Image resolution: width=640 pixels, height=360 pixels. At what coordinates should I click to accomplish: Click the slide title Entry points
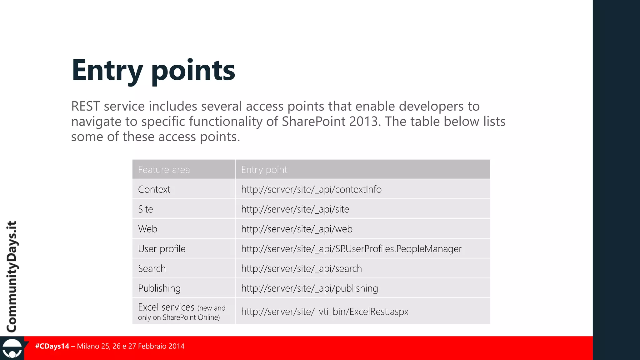point(153,70)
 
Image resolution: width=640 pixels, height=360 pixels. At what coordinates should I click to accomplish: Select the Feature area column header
point(164,170)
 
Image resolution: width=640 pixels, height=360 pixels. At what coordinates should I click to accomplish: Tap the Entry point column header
point(264,170)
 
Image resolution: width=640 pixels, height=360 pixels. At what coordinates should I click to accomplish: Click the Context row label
point(154,189)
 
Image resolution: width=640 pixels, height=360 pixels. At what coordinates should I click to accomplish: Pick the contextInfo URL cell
point(311,189)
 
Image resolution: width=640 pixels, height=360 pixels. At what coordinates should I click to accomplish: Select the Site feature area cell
point(146,209)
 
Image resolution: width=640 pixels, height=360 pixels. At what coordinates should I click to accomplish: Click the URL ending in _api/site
point(295,209)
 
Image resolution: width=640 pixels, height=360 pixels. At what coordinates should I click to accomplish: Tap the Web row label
point(147,229)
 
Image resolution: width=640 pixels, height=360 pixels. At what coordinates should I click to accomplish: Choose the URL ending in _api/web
point(297,229)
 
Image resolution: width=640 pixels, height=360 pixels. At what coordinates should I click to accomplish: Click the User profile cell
point(162,249)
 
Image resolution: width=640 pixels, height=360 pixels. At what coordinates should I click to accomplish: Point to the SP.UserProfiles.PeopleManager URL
point(351,249)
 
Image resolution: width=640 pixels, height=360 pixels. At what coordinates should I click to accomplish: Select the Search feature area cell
point(152,268)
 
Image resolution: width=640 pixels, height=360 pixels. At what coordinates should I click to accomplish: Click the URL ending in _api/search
point(301,268)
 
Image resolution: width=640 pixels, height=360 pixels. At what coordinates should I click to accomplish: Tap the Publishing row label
point(159,288)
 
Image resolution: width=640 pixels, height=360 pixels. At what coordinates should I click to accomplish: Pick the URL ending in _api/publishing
point(309,288)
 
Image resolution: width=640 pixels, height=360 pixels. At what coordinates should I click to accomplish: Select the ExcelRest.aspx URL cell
point(325,312)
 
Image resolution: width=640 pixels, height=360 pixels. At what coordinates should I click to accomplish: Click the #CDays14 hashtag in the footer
point(52,346)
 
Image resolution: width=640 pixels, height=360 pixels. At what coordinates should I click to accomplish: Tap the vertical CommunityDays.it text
point(12,277)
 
